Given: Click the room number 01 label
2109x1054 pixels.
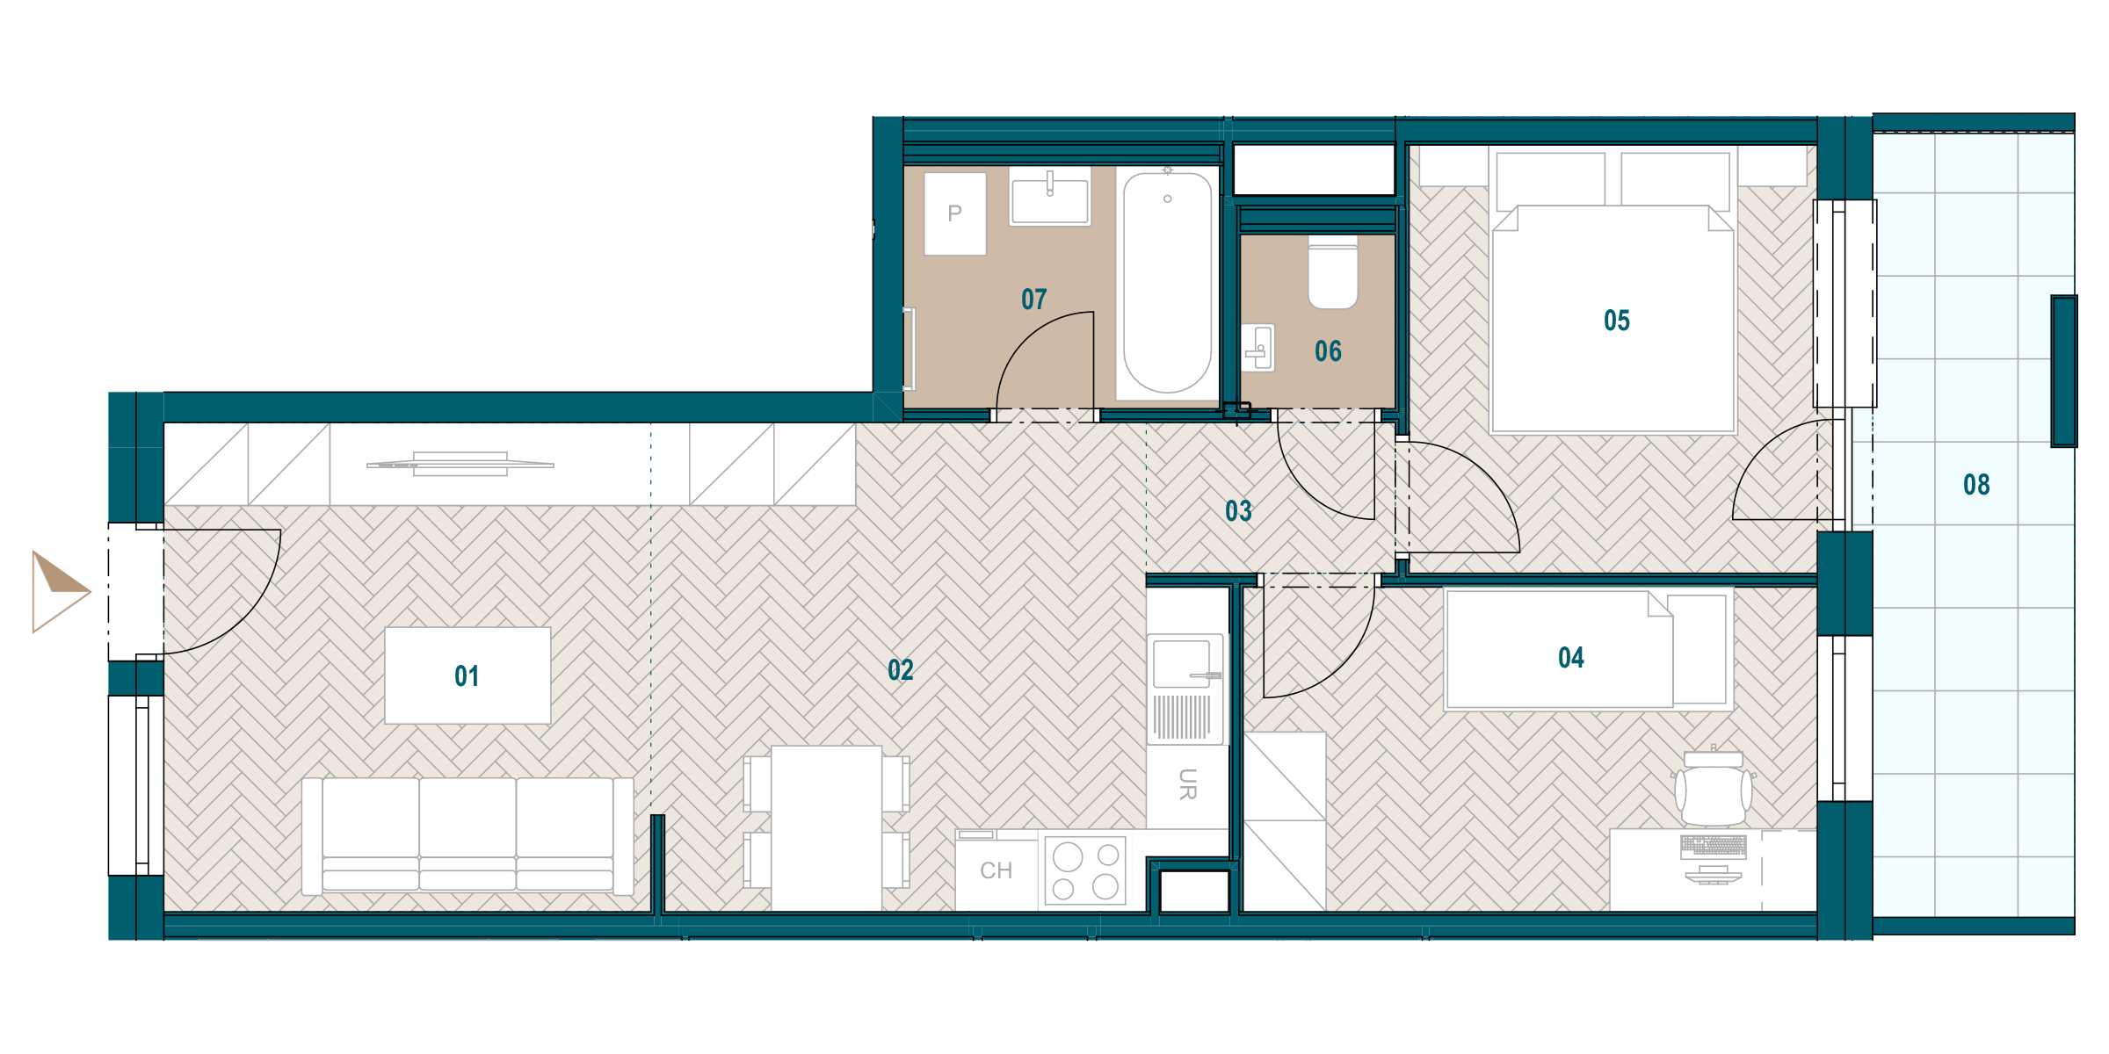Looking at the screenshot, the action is (x=467, y=676).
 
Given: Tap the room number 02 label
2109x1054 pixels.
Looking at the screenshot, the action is (x=901, y=670).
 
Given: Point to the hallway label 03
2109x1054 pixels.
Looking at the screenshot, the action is (x=1238, y=511).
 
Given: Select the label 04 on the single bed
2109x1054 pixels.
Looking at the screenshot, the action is (x=1571, y=658).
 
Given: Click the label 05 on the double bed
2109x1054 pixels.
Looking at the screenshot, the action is (x=1617, y=321).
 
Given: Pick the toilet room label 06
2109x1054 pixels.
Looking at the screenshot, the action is (x=1328, y=351).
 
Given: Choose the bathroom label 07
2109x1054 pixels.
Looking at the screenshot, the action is (x=1034, y=300).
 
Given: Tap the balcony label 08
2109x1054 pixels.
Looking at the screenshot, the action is (x=1976, y=485).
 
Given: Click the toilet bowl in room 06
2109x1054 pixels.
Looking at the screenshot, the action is (x=1333, y=272).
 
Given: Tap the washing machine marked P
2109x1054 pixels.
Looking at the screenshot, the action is (x=955, y=213).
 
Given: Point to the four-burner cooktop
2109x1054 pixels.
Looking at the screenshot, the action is (x=1085, y=870).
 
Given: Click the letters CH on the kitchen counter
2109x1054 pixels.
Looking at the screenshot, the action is (x=997, y=870).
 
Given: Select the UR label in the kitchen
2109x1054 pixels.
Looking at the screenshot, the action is (x=1187, y=784).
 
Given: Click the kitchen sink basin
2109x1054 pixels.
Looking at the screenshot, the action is (x=1182, y=664).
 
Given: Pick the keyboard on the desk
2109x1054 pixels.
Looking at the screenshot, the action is (x=1714, y=845).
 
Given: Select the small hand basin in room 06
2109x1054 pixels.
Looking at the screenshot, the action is (x=1258, y=348).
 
